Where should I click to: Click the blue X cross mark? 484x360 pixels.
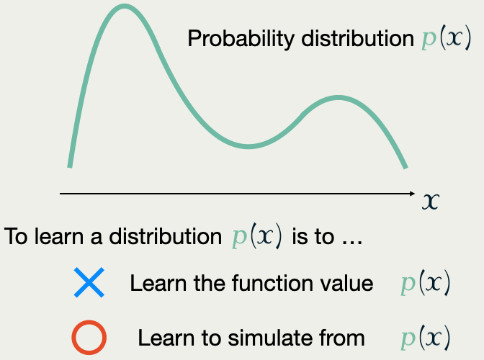(x=89, y=282)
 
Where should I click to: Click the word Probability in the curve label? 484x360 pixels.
(x=241, y=39)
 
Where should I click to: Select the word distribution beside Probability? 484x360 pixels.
(x=357, y=38)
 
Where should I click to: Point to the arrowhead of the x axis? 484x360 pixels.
(x=413, y=194)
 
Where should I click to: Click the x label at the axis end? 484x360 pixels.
(x=430, y=202)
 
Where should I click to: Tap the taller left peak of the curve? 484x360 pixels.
(x=124, y=6)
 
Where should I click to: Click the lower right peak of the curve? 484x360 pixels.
(x=339, y=98)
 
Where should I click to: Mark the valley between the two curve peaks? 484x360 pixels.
(x=248, y=146)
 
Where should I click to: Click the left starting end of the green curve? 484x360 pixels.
(x=70, y=166)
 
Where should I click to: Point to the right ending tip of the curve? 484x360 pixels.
(x=406, y=168)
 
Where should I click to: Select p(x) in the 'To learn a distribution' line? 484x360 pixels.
(x=257, y=236)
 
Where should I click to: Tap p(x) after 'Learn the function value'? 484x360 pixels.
(x=426, y=282)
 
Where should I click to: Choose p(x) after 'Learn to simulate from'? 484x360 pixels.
(x=426, y=338)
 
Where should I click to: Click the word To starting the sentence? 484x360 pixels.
(x=16, y=236)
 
